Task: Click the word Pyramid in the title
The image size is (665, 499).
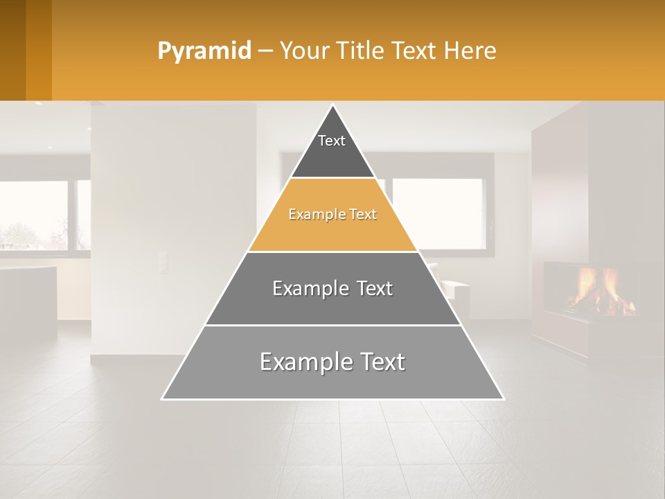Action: pyautogui.click(x=204, y=51)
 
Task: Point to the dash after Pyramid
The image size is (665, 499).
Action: pyautogui.click(x=265, y=51)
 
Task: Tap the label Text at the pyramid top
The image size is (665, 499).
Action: pyautogui.click(x=332, y=141)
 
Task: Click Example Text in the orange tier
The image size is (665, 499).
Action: pyautogui.click(x=332, y=214)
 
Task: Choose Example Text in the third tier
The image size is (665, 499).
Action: pyautogui.click(x=332, y=288)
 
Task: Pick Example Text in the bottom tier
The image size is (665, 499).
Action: pyautogui.click(x=332, y=362)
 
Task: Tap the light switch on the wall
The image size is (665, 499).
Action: pyautogui.click(x=163, y=263)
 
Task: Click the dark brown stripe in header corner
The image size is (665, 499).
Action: pyautogui.click(x=12, y=50)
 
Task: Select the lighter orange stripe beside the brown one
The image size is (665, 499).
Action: pyautogui.click(x=39, y=50)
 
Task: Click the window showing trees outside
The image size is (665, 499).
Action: pyautogui.click(x=35, y=215)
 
